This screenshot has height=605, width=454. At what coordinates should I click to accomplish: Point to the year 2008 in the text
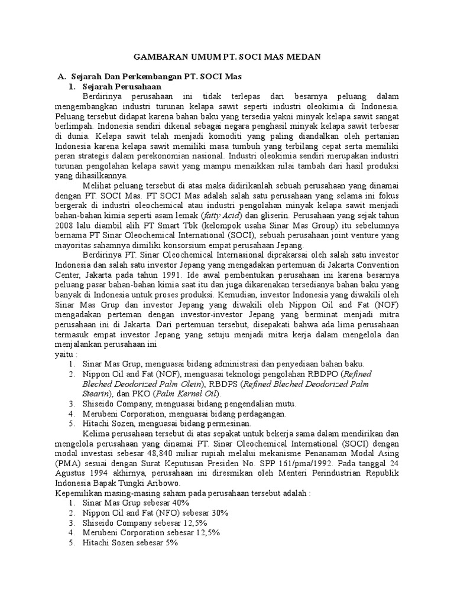click(x=64, y=226)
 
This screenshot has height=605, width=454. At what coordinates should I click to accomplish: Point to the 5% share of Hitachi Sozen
click(x=171, y=542)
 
